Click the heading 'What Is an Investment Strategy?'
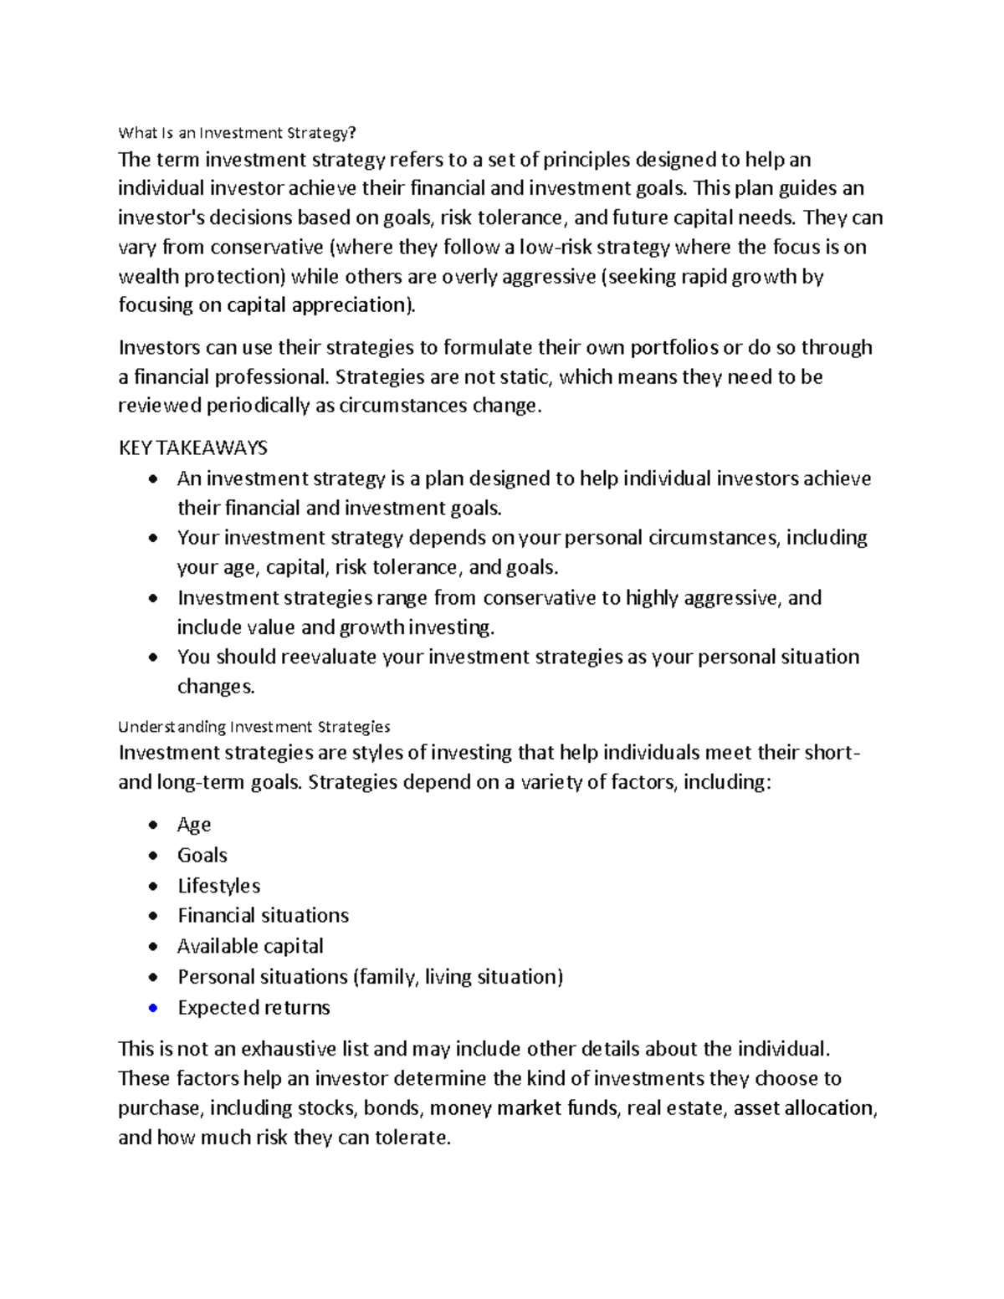[237, 133]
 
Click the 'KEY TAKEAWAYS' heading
[192, 448]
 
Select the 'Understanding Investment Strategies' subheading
[254, 726]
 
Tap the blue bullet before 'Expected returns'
[152, 1008]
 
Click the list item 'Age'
[194, 825]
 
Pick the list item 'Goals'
[202, 855]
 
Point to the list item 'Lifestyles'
[218, 886]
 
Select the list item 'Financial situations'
[263, 916]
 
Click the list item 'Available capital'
[250, 946]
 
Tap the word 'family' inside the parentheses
[387, 977]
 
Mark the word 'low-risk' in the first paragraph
[554, 248]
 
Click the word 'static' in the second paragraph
[524, 377]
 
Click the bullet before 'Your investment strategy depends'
[152, 539]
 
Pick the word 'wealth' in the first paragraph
[148, 277]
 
